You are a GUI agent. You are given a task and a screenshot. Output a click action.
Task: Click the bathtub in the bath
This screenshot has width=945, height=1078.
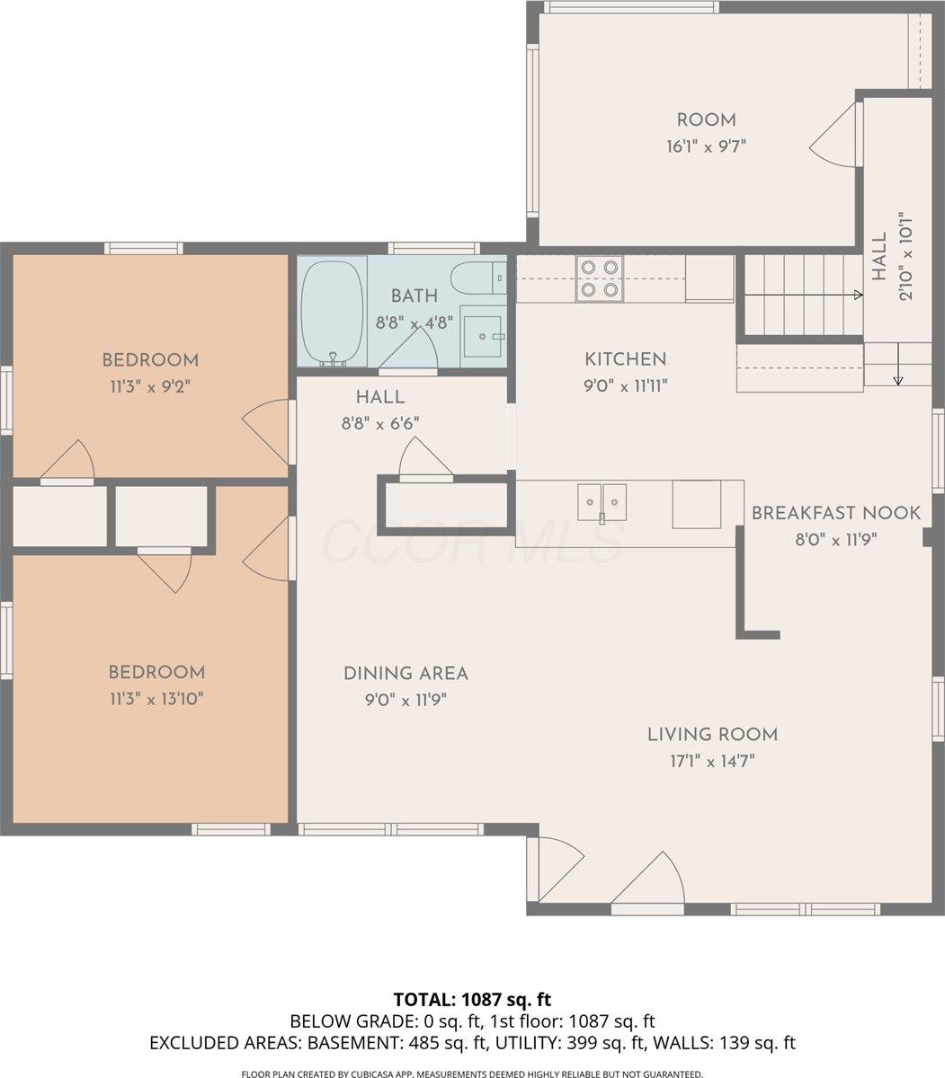pyautogui.click(x=332, y=312)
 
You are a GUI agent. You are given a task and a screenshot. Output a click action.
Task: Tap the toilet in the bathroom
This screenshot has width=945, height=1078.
pyautogui.click(x=476, y=278)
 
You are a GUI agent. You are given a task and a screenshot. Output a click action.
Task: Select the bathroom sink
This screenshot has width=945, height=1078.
pyautogui.click(x=484, y=335)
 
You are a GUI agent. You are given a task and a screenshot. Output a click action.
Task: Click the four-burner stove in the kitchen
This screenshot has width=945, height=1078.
pyautogui.click(x=600, y=278)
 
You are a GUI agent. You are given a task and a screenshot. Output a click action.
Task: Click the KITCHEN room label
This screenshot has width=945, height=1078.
pyautogui.click(x=625, y=359)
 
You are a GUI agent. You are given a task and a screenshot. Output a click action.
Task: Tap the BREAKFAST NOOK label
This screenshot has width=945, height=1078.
pyautogui.click(x=835, y=513)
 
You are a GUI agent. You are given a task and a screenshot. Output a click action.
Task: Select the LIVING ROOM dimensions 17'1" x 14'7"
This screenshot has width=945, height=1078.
pyautogui.click(x=712, y=761)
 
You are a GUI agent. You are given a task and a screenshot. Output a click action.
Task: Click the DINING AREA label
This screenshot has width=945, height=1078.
pyautogui.click(x=406, y=673)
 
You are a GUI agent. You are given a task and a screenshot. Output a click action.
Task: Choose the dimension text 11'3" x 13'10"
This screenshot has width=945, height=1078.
pyautogui.click(x=156, y=699)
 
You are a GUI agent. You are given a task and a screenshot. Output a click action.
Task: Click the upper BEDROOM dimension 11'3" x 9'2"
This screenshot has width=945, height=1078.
pyautogui.click(x=149, y=386)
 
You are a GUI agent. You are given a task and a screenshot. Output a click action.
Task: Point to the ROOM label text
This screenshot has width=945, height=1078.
pyautogui.click(x=706, y=120)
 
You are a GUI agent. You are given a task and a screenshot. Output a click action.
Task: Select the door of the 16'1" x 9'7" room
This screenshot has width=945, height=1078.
pyautogui.click(x=836, y=135)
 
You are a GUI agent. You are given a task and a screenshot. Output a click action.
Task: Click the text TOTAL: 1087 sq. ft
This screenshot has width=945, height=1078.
pyautogui.click(x=472, y=999)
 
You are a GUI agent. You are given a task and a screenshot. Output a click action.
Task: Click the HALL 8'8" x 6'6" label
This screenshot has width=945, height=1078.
pyautogui.click(x=379, y=397)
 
